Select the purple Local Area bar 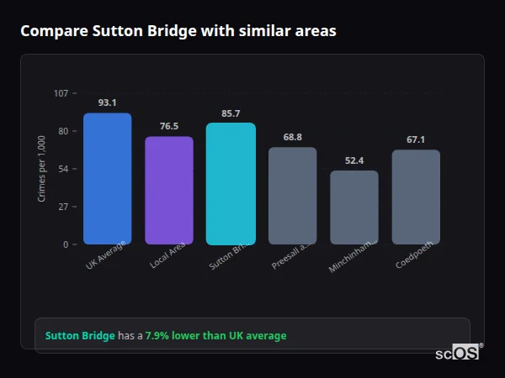pyautogui.click(x=168, y=191)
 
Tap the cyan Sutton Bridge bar pyautogui.click(x=231, y=184)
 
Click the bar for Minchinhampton pyautogui.click(x=353, y=207)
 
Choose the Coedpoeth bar pyautogui.click(x=416, y=197)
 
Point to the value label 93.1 pyautogui.click(x=107, y=102)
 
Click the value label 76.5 pyautogui.click(x=168, y=126)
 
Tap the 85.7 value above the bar pyautogui.click(x=231, y=113)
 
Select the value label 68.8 pyautogui.click(x=292, y=137)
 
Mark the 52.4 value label pyautogui.click(x=353, y=160)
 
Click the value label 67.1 pyautogui.click(x=416, y=139)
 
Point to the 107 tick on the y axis pyautogui.click(x=61, y=93)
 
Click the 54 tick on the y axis pyautogui.click(x=63, y=169)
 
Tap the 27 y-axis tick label pyautogui.click(x=63, y=207)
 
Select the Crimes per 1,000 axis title pyautogui.click(x=41, y=168)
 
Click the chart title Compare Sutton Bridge pyautogui.click(x=178, y=31)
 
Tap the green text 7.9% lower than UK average pyautogui.click(x=215, y=336)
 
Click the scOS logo pyautogui.click(x=457, y=353)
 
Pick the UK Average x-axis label pyautogui.click(x=106, y=255)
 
